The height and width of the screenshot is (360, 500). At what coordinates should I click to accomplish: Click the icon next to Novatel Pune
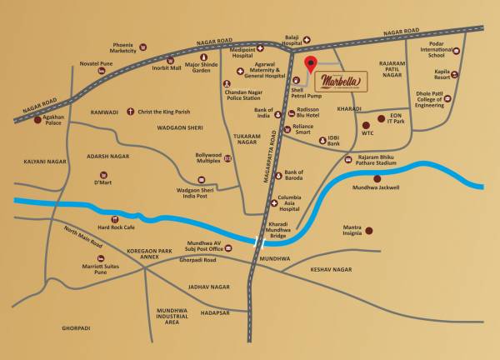tap(101, 72)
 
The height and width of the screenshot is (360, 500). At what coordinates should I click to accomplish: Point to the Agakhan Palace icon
tap(36, 117)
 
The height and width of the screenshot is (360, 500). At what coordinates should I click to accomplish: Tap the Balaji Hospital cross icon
tap(306, 39)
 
